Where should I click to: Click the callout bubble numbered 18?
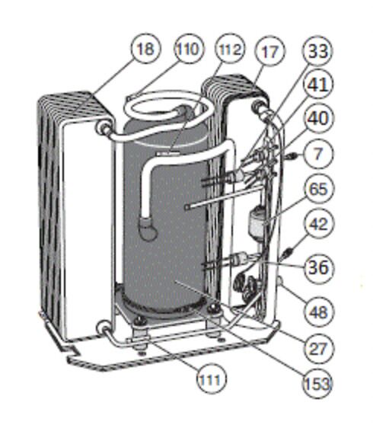click(x=145, y=50)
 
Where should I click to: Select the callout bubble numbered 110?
click(x=188, y=50)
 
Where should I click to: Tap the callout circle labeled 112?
click(x=230, y=50)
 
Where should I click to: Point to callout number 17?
click(x=270, y=52)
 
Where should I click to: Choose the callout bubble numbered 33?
click(x=318, y=51)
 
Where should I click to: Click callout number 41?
click(x=318, y=84)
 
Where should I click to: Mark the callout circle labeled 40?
click(x=318, y=118)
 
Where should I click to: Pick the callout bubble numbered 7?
click(x=318, y=154)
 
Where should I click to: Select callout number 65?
click(x=318, y=188)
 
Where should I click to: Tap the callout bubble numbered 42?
click(x=318, y=224)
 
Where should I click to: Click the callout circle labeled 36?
click(x=318, y=267)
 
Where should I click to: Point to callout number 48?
click(x=318, y=312)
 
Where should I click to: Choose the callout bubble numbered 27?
click(x=318, y=348)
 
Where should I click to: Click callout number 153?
click(x=317, y=384)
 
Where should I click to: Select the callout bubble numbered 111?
click(x=211, y=379)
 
